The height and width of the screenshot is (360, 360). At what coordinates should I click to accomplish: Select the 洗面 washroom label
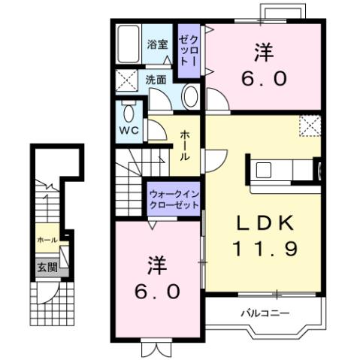(156, 77)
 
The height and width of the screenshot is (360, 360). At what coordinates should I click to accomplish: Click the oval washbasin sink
(191, 97)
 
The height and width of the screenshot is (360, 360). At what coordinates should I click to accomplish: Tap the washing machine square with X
(128, 78)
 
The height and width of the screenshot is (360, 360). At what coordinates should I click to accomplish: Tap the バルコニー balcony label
(264, 310)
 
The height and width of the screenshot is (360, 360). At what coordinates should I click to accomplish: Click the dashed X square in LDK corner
(308, 126)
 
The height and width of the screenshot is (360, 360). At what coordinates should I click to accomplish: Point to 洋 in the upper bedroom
(263, 53)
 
